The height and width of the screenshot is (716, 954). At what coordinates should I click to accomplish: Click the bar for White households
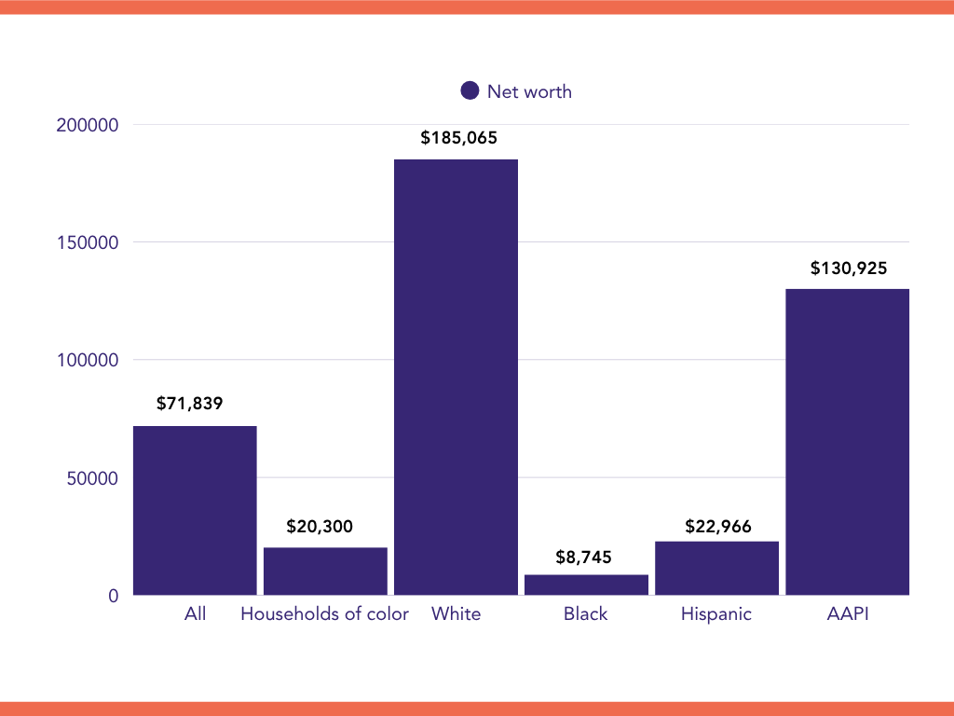pos(456,377)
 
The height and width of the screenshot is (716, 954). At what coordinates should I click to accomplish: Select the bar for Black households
pos(586,585)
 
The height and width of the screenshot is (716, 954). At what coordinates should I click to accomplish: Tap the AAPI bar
pos(847,442)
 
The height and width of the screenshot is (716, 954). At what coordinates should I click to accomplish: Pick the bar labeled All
pos(195,510)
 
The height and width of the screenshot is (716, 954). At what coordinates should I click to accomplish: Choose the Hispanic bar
pos(716,568)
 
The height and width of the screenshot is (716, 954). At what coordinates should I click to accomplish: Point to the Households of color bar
pos(325,571)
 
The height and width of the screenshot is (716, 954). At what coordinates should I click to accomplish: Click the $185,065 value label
pos(458,138)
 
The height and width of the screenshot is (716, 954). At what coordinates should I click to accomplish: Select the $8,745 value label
pos(586,558)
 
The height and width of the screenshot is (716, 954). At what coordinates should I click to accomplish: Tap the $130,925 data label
pos(848,268)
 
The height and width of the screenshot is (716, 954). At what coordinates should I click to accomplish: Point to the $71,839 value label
pos(191,404)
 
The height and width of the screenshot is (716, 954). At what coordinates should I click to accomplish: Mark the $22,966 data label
pos(717,526)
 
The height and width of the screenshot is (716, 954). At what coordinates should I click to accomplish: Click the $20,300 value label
pos(320,527)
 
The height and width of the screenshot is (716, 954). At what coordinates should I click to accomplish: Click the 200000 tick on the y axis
pos(88,125)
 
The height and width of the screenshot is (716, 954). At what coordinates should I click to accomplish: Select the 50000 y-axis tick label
pos(92,478)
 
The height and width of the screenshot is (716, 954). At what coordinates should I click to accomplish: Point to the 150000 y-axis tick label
pos(88,242)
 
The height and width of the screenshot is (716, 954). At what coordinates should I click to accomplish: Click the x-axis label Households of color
pos(324,614)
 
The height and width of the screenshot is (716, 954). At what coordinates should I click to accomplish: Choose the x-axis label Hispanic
pos(715,614)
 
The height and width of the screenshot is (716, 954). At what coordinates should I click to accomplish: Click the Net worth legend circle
pos(470,91)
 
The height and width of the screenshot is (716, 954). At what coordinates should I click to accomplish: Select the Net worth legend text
pos(529,91)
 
